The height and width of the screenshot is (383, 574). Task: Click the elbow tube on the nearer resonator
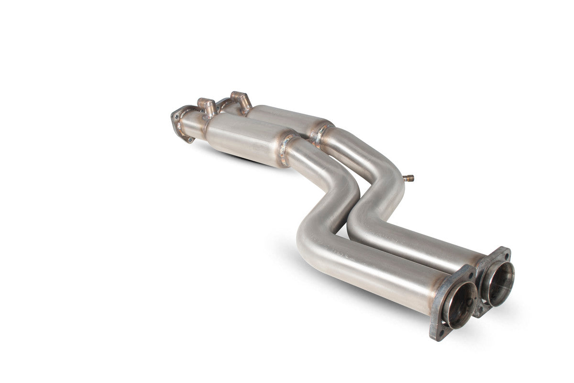(207, 105)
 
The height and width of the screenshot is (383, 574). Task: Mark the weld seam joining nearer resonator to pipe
(286, 149)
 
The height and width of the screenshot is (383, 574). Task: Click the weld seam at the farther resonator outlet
(321, 132)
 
